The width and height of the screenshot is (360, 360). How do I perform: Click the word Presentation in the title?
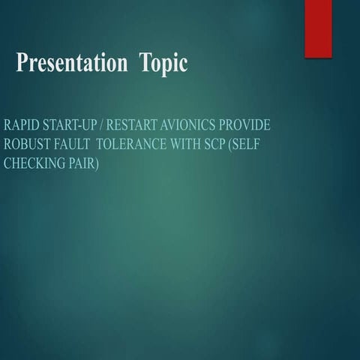click(x=71, y=64)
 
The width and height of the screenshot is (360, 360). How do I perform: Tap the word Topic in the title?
click(x=162, y=64)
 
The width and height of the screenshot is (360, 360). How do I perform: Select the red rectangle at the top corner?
click(x=317, y=28)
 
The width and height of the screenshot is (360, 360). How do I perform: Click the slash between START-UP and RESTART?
click(x=105, y=124)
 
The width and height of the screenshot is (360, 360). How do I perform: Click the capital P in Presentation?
click(x=22, y=64)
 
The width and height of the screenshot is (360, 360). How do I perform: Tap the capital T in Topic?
click(x=144, y=64)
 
